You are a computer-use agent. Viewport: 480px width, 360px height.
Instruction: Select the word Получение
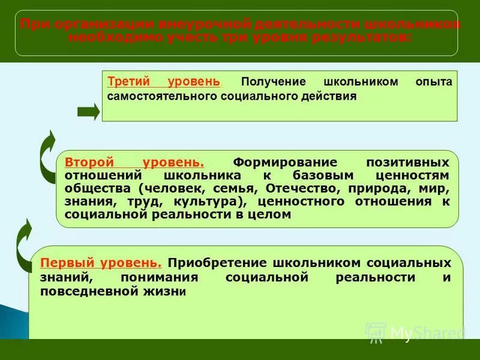[x=273, y=82]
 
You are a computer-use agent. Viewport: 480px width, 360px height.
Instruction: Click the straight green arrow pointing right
[x=89, y=112]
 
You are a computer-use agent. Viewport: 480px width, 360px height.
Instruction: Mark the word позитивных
[x=407, y=163]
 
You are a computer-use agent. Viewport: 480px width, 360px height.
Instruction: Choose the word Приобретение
[x=218, y=263]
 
